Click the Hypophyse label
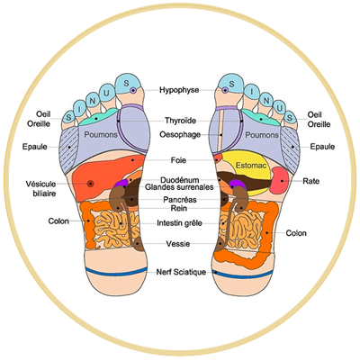(x=179, y=90)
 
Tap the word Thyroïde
(x=180, y=121)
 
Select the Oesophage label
(x=180, y=135)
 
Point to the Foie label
(x=178, y=160)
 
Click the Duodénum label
(x=180, y=180)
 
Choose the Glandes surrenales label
(x=179, y=187)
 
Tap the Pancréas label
(x=180, y=200)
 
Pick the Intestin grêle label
(x=179, y=223)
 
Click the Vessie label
(x=178, y=244)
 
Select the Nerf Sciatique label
(x=181, y=272)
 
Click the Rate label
(x=311, y=181)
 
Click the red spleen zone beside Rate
(x=280, y=180)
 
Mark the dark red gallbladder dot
(x=90, y=184)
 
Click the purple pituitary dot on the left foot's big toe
(x=133, y=90)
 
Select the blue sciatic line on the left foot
(x=116, y=272)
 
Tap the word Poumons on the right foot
(x=262, y=135)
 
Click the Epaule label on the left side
(x=35, y=147)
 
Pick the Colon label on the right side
(x=296, y=233)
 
